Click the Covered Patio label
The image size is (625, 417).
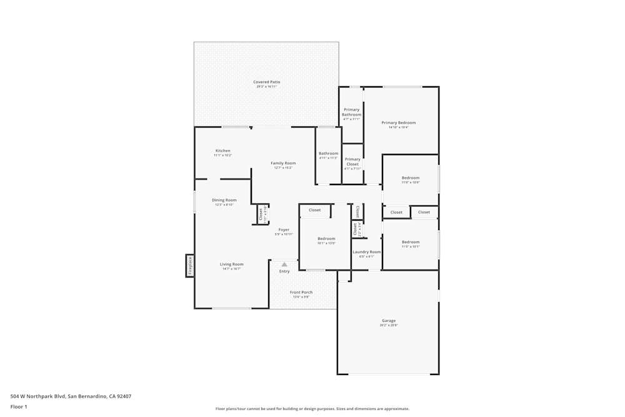[266, 82]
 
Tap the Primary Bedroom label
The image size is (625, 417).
[398, 123]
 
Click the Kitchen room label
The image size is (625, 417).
[222, 151]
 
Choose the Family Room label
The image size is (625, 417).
[283, 163]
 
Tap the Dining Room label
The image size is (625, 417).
[224, 200]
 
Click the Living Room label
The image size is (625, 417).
[231, 264]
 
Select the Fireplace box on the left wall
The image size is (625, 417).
[190, 265]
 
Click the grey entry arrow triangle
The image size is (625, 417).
[284, 264]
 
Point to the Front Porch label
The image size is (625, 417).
[301, 292]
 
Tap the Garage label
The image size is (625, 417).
[389, 321]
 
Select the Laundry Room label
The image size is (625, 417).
[366, 252]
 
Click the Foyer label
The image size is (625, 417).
[284, 229]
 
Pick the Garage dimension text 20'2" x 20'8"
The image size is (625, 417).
[389, 325]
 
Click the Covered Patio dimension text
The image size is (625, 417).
[266, 87]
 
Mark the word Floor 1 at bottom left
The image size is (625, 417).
[19, 406]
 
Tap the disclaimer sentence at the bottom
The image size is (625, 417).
[312, 409]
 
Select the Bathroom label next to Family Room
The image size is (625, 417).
[328, 153]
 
